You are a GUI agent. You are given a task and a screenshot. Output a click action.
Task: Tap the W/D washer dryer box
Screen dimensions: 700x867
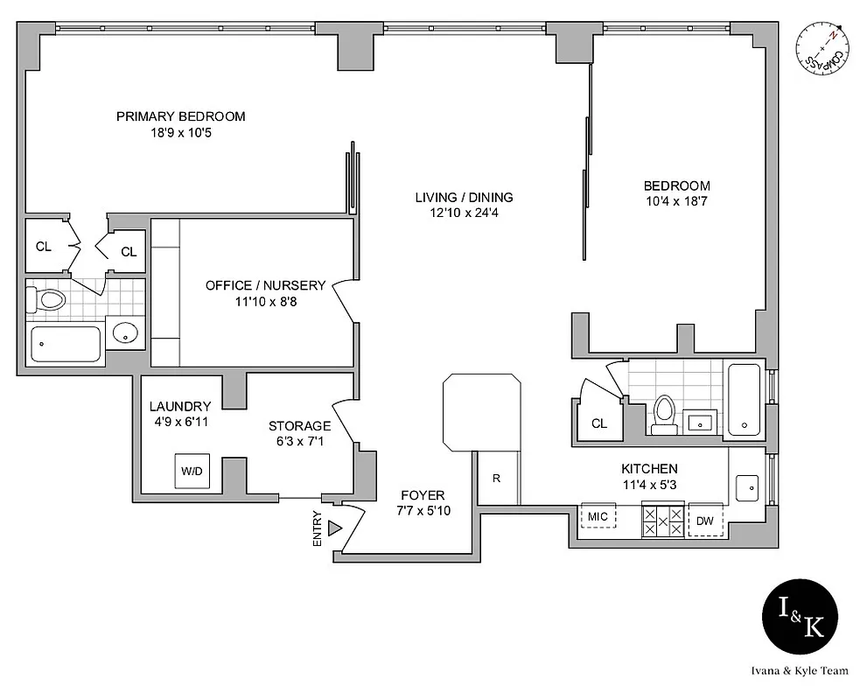click(192, 472)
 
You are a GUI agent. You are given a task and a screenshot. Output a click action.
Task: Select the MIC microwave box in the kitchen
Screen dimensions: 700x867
click(598, 517)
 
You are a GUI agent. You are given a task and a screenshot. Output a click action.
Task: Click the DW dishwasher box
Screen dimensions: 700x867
click(705, 521)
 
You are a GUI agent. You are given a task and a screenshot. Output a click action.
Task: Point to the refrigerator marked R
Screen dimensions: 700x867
click(497, 479)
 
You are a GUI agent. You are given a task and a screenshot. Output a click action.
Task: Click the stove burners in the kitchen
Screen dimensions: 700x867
click(662, 521)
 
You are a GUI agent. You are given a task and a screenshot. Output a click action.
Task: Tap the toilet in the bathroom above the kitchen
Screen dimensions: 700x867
click(665, 412)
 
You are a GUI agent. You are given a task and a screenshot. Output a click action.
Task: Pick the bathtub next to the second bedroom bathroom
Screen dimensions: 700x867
click(746, 399)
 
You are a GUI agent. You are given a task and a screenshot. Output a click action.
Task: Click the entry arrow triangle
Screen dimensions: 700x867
click(333, 528)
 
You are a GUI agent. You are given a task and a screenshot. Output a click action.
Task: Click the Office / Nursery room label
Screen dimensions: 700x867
click(265, 285)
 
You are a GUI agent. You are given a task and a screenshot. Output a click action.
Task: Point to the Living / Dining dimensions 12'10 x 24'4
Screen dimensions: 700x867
click(464, 212)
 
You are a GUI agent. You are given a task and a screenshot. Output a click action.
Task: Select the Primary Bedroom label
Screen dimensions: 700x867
click(180, 116)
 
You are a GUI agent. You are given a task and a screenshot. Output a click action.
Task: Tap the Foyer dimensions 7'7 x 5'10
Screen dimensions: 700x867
click(423, 511)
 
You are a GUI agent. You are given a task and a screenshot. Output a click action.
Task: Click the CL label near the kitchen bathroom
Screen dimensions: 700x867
click(599, 423)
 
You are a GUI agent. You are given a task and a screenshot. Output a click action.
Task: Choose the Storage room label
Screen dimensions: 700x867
click(299, 426)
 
